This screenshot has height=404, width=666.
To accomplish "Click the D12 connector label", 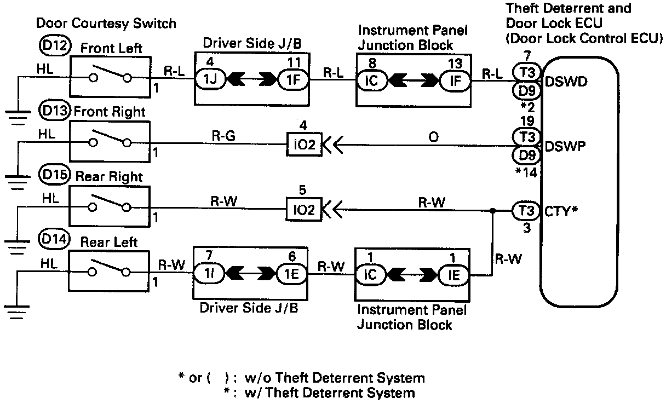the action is click(55, 46).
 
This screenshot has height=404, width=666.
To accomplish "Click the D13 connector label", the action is click(55, 111).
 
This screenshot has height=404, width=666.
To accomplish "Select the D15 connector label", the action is click(55, 175).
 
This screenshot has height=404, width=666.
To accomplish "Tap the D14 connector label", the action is click(54, 239).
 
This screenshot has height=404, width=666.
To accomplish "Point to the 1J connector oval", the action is click(210, 79).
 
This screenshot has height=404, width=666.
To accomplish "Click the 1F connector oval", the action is click(293, 80).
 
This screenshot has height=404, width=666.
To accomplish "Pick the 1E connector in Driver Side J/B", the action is click(292, 274).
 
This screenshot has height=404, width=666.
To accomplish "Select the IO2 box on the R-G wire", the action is click(304, 145).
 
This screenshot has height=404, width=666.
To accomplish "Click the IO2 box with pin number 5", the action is click(303, 210).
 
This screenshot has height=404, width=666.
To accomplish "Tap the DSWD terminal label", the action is click(566, 82).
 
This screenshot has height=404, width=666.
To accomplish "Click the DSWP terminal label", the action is click(565, 146).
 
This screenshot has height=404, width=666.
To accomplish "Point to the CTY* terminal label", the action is click(561, 211).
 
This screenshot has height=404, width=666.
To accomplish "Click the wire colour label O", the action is click(433, 137).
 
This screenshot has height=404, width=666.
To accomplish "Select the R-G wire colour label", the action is click(223, 136).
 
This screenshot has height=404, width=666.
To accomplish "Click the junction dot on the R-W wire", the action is click(492, 211).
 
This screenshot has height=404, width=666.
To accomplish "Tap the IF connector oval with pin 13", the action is click(455, 80).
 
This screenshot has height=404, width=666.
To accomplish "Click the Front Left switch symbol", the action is click(110, 77).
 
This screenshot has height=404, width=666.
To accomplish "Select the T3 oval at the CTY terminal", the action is click(526, 211).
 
